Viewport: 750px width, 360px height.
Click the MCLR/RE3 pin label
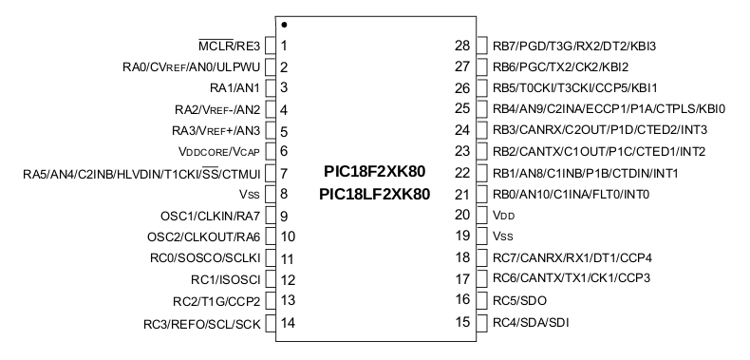[229, 46]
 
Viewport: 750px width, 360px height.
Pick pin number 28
[462, 46]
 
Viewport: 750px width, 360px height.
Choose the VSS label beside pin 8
[250, 195]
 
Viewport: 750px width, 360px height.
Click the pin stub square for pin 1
[270, 46]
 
